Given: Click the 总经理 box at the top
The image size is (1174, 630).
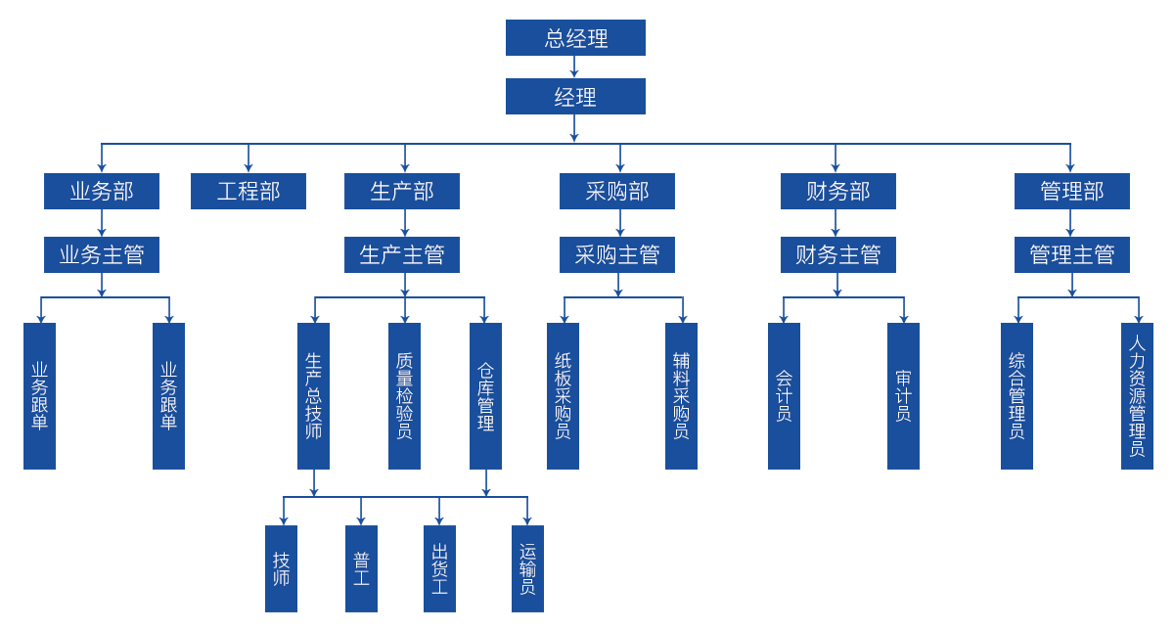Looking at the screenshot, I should (575, 38).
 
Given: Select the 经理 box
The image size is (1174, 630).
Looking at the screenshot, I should (575, 97).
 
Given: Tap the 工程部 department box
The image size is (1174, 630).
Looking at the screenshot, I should (248, 191).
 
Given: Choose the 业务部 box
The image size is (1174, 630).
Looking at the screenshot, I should (102, 191).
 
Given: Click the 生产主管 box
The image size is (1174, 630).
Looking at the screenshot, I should (402, 254).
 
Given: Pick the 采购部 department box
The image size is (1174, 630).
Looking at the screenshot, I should (617, 191).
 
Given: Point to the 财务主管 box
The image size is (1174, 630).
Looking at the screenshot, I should (837, 254).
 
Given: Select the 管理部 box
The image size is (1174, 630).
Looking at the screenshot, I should (1072, 191).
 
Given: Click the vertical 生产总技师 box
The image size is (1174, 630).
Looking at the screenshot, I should (313, 395).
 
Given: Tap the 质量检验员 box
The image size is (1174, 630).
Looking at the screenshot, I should (404, 395).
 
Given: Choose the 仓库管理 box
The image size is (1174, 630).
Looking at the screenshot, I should (485, 395).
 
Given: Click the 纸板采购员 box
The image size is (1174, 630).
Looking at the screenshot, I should (563, 395).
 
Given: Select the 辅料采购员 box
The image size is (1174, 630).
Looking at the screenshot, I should (681, 395).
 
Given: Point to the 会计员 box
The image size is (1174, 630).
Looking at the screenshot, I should (784, 395).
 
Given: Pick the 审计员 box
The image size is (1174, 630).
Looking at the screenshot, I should (903, 395).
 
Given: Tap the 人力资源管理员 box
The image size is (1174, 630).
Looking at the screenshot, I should (1137, 395).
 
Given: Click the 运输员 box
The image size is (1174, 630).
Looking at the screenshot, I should (527, 568).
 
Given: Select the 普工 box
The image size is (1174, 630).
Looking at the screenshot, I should (361, 568).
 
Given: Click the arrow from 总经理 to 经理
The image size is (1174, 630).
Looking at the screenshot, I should (575, 67).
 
